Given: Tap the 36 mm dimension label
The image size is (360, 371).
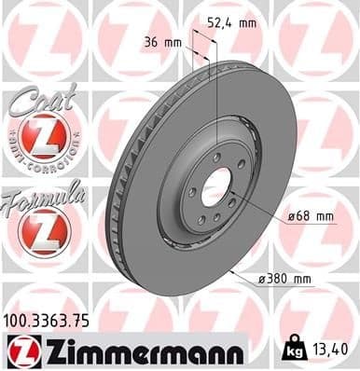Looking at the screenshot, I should click(x=160, y=43).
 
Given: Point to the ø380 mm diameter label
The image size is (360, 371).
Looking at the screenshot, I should click(x=285, y=277).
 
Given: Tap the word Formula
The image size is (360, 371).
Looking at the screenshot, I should click(x=44, y=195).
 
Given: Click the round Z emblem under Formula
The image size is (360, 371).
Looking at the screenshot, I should click(x=43, y=229).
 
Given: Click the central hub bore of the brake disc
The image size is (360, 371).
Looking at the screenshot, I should click(x=215, y=187).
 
